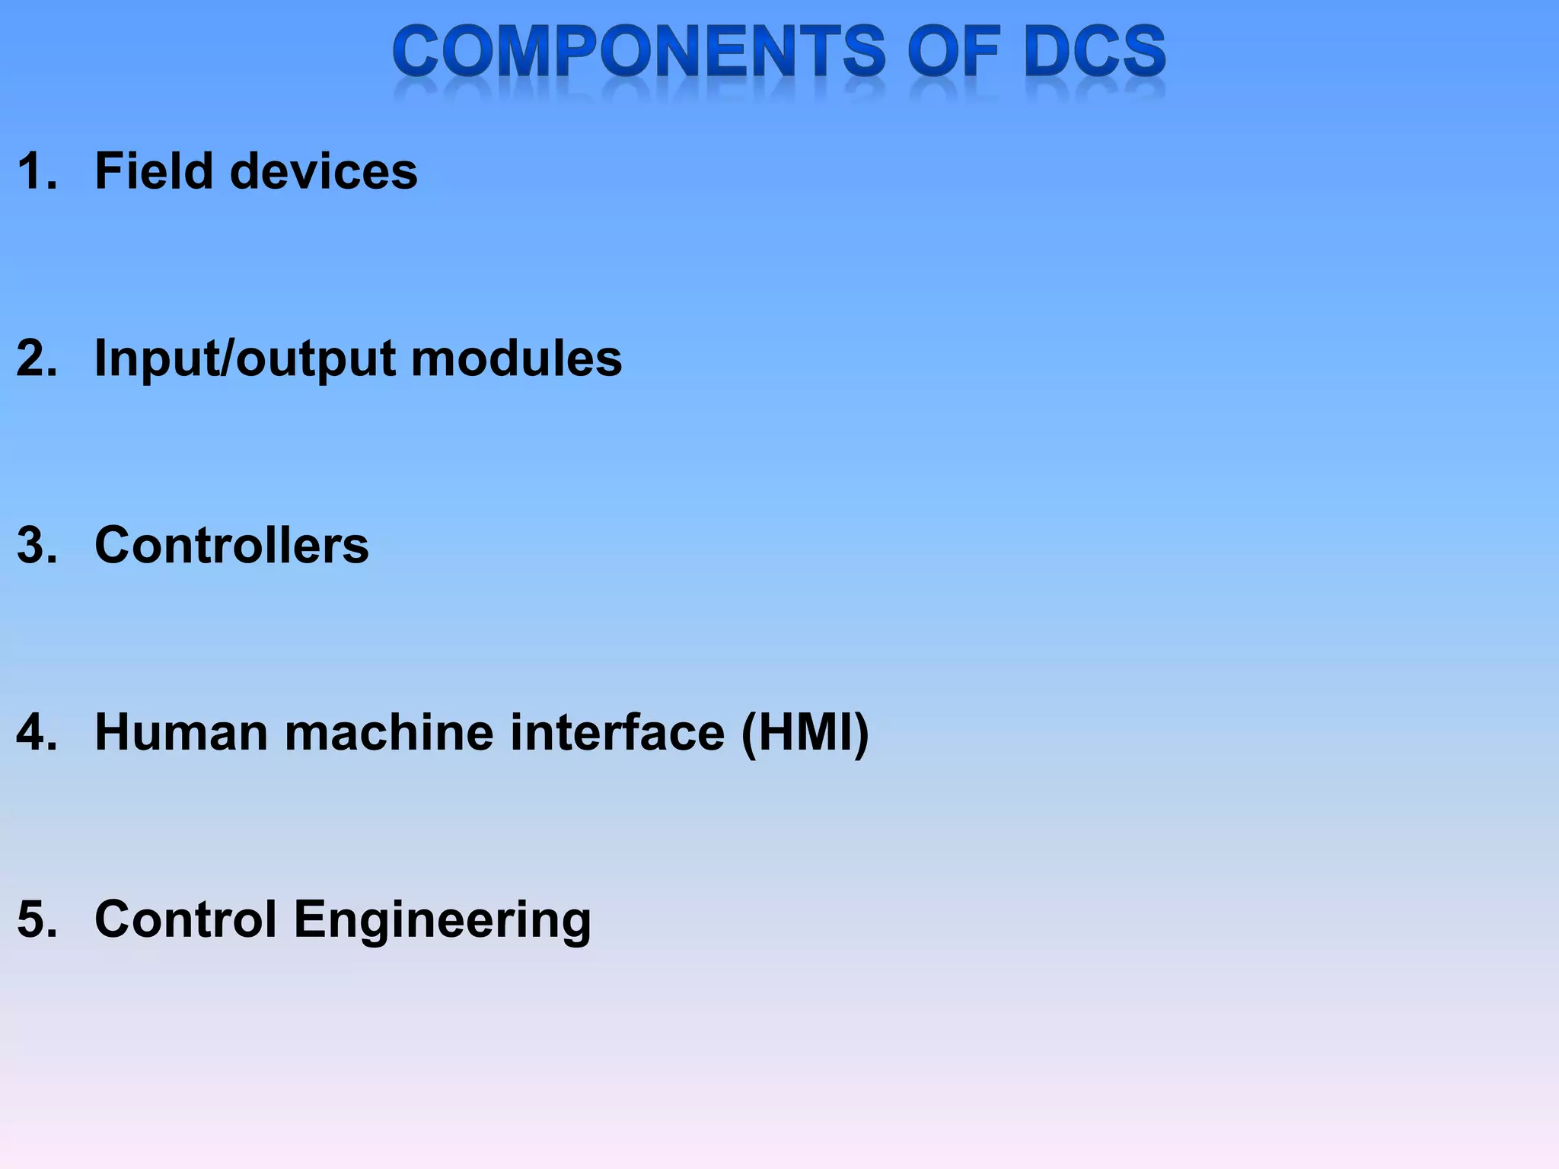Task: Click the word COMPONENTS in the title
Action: tap(639, 51)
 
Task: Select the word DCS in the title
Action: tap(1095, 51)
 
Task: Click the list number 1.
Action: tap(36, 170)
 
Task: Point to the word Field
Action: tap(153, 170)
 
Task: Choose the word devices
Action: tap(324, 170)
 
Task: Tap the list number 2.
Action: tap(36, 358)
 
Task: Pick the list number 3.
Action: tap(36, 545)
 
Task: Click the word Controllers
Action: tap(231, 545)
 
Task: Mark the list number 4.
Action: tap(36, 732)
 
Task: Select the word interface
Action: tap(617, 732)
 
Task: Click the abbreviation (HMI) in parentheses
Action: tap(805, 734)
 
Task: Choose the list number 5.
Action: tap(36, 919)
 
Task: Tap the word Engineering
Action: tap(442, 921)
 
